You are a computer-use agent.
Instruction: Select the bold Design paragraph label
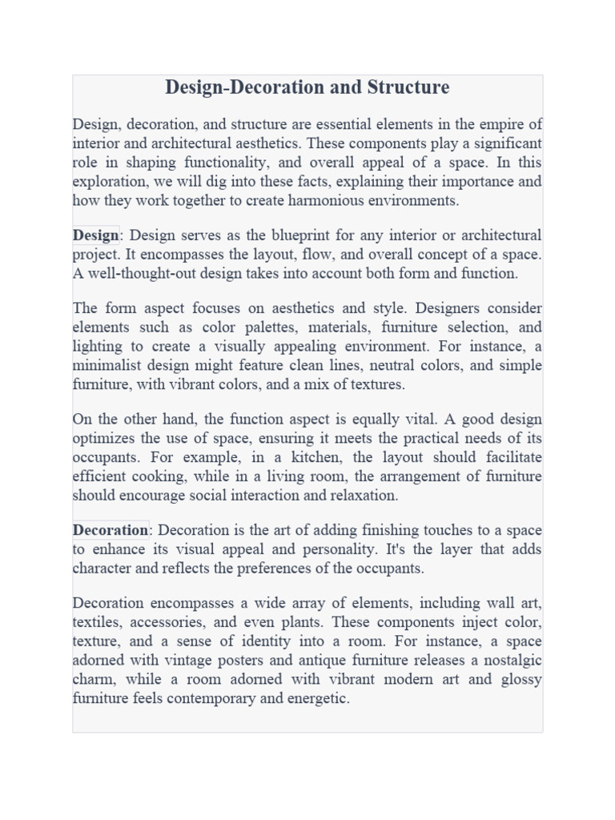tap(95, 235)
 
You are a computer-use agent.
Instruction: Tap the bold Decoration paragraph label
tap(111, 530)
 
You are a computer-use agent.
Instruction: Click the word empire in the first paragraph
tap(477, 124)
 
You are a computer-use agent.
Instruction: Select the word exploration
tap(106, 182)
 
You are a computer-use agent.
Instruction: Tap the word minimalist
tap(107, 365)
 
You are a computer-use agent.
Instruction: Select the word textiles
tap(96, 622)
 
